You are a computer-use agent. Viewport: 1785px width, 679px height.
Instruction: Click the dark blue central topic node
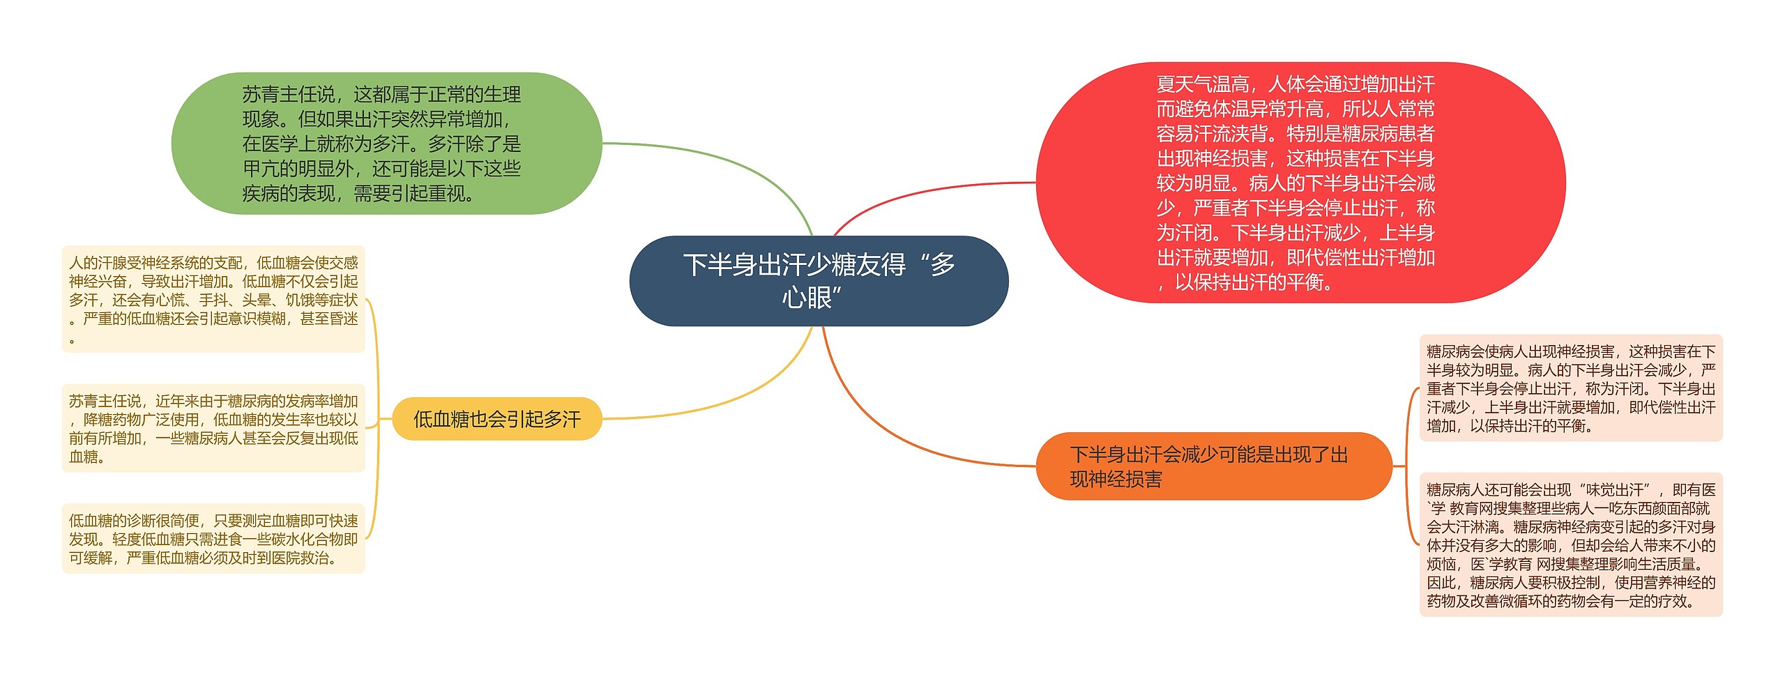[819, 281]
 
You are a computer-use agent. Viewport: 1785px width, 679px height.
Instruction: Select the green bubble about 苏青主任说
[386, 143]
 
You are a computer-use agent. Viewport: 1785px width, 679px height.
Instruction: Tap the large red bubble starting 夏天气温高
[1300, 183]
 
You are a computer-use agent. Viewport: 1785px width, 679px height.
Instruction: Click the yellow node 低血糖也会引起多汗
[496, 419]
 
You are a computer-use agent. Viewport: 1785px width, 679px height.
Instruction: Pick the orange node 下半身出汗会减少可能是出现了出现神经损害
[1213, 466]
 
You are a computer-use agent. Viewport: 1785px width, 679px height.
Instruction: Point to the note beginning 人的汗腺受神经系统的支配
[213, 299]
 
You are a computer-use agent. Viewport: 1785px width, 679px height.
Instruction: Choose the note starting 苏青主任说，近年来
[213, 428]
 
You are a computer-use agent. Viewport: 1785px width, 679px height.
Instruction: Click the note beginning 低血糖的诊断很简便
[213, 539]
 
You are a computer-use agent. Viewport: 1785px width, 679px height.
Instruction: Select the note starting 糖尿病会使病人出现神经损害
[1570, 388]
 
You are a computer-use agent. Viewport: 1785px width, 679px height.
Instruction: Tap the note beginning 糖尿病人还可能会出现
[1570, 544]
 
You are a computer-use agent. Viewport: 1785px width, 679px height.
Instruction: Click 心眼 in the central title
[806, 298]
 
